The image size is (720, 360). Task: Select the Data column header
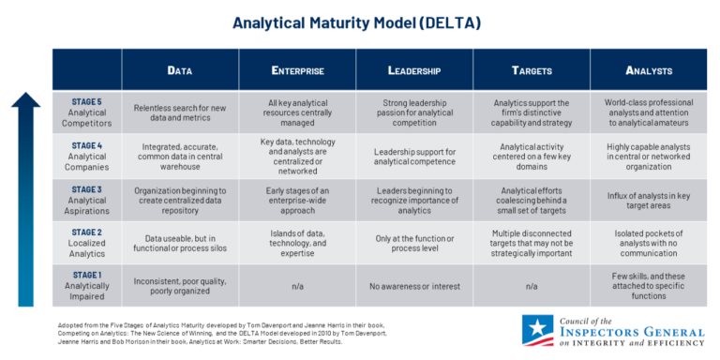pos(180,69)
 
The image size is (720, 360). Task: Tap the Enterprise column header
pos(297,69)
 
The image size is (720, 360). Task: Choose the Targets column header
pos(531,69)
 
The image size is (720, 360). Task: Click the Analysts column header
pos(648,69)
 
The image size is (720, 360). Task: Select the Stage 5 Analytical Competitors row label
pos(88,112)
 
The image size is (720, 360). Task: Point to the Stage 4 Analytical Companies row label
pos(88,153)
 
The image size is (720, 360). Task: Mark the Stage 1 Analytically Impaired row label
pos(88,283)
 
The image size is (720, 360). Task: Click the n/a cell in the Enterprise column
pos(297,284)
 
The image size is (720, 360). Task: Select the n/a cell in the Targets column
pos(531,284)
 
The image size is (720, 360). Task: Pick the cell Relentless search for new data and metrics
pos(180,112)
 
